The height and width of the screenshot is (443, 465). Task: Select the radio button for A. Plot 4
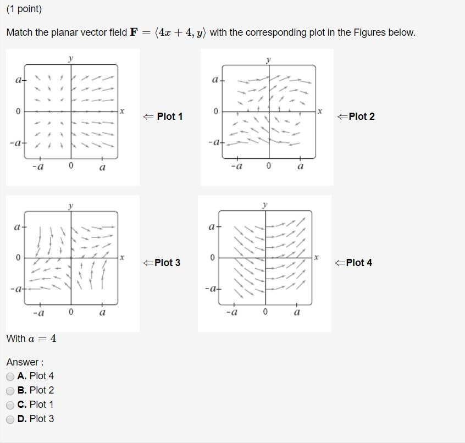10,376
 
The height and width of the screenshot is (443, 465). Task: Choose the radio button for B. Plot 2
10,391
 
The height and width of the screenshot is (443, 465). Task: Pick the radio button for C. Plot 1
10,405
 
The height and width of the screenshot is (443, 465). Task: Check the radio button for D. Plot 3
10,419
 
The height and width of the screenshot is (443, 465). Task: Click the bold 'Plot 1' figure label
169,117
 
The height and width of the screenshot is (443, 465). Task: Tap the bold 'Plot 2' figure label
361,117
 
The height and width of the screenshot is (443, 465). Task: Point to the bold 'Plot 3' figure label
167,263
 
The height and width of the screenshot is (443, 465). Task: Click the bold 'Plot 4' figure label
359,263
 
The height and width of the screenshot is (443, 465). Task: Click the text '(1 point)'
24,9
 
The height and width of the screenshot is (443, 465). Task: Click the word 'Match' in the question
19,33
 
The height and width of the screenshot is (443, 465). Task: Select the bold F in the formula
134,33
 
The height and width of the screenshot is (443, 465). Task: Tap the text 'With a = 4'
31,339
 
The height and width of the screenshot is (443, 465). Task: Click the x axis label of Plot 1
122,112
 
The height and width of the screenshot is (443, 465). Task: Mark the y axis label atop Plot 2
268,58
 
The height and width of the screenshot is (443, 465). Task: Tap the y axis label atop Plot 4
265,204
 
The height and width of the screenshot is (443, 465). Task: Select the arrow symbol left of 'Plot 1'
147,117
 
